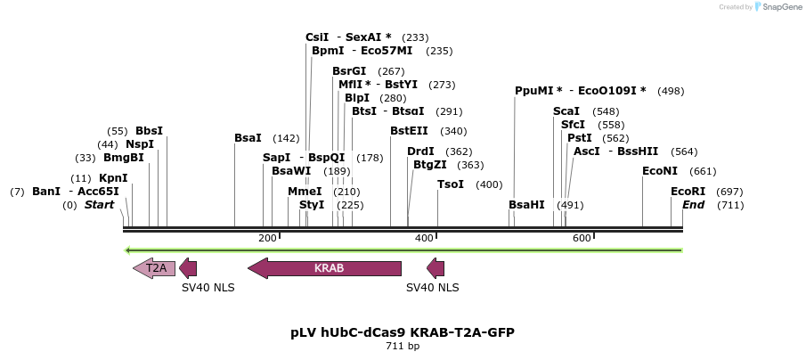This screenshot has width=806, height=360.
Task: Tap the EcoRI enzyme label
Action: (x=688, y=192)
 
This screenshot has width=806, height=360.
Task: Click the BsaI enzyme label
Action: (x=248, y=138)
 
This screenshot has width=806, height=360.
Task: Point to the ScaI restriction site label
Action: (x=566, y=111)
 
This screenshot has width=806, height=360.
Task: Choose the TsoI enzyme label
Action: (x=451, y=184)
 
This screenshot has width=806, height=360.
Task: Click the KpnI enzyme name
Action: (x=113, y=178)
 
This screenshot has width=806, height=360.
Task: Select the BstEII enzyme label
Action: (x=409, y=131)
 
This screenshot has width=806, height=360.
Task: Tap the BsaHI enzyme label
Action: (x=526, y=205)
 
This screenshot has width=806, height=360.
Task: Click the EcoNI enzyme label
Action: (x=660, y=171)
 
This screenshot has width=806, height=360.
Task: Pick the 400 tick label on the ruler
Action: (x=425, y=238)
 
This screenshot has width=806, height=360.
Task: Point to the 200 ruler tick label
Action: (x=267, y=238)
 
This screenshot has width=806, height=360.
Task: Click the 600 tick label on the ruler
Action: (x=582, y=238)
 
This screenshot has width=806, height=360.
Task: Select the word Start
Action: (x=100, y=205)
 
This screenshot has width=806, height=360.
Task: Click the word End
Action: (x=694, y=205)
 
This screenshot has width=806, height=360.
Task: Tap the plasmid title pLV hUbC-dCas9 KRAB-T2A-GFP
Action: (x=403, y=332)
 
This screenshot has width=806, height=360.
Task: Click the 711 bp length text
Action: (x=403, y=346)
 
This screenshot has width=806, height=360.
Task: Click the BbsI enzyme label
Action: (x=150, y=131)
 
